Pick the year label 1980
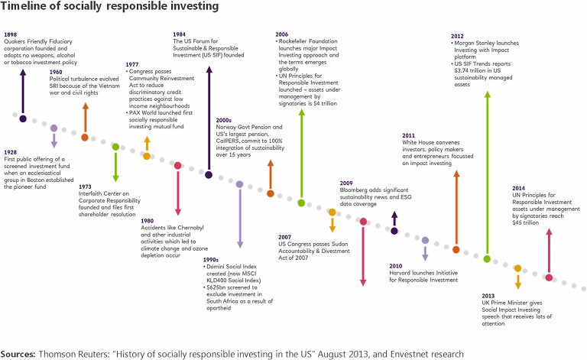point(148,220)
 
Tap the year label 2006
point(284,34)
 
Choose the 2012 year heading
point(458,34)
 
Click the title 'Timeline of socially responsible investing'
point(111,7)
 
